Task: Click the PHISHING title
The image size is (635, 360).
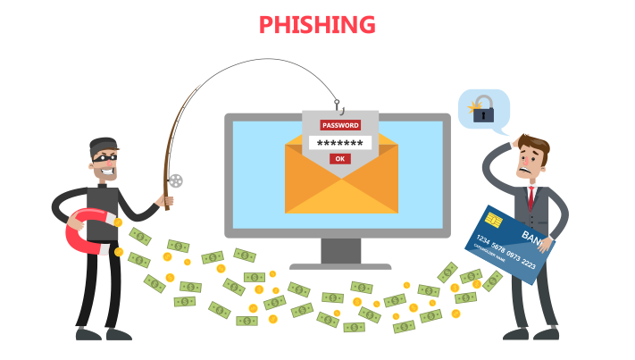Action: pyautogui.click(x=317, y=24)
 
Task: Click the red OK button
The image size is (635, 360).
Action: pyautogui.click(x=338, y=159)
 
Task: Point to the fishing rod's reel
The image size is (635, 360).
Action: pyautogui.click(x=175, y=180)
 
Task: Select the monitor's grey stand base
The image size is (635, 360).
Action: pyautogui.click(x=339, y=264)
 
